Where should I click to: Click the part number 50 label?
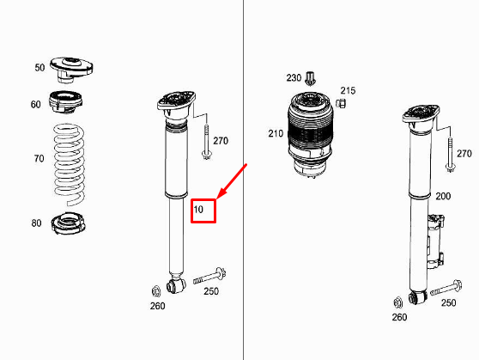tap(39, 67)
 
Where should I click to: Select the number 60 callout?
tap(35, 105)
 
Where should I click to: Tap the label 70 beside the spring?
tap(39, 159)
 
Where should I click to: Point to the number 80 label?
tap(36, 223)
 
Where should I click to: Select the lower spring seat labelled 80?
tap(68, 223)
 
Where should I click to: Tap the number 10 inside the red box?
tap(198, 210)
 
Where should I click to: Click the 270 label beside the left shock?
tap(221, 140)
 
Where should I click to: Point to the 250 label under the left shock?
tap(210, 291)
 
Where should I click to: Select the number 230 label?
tap(294, 77)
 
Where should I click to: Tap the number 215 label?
tap(348, 90)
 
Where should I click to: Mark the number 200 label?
tap(443, 196)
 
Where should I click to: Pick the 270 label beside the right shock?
tap(464, 154)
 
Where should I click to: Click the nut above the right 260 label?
tap(397, 302)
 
